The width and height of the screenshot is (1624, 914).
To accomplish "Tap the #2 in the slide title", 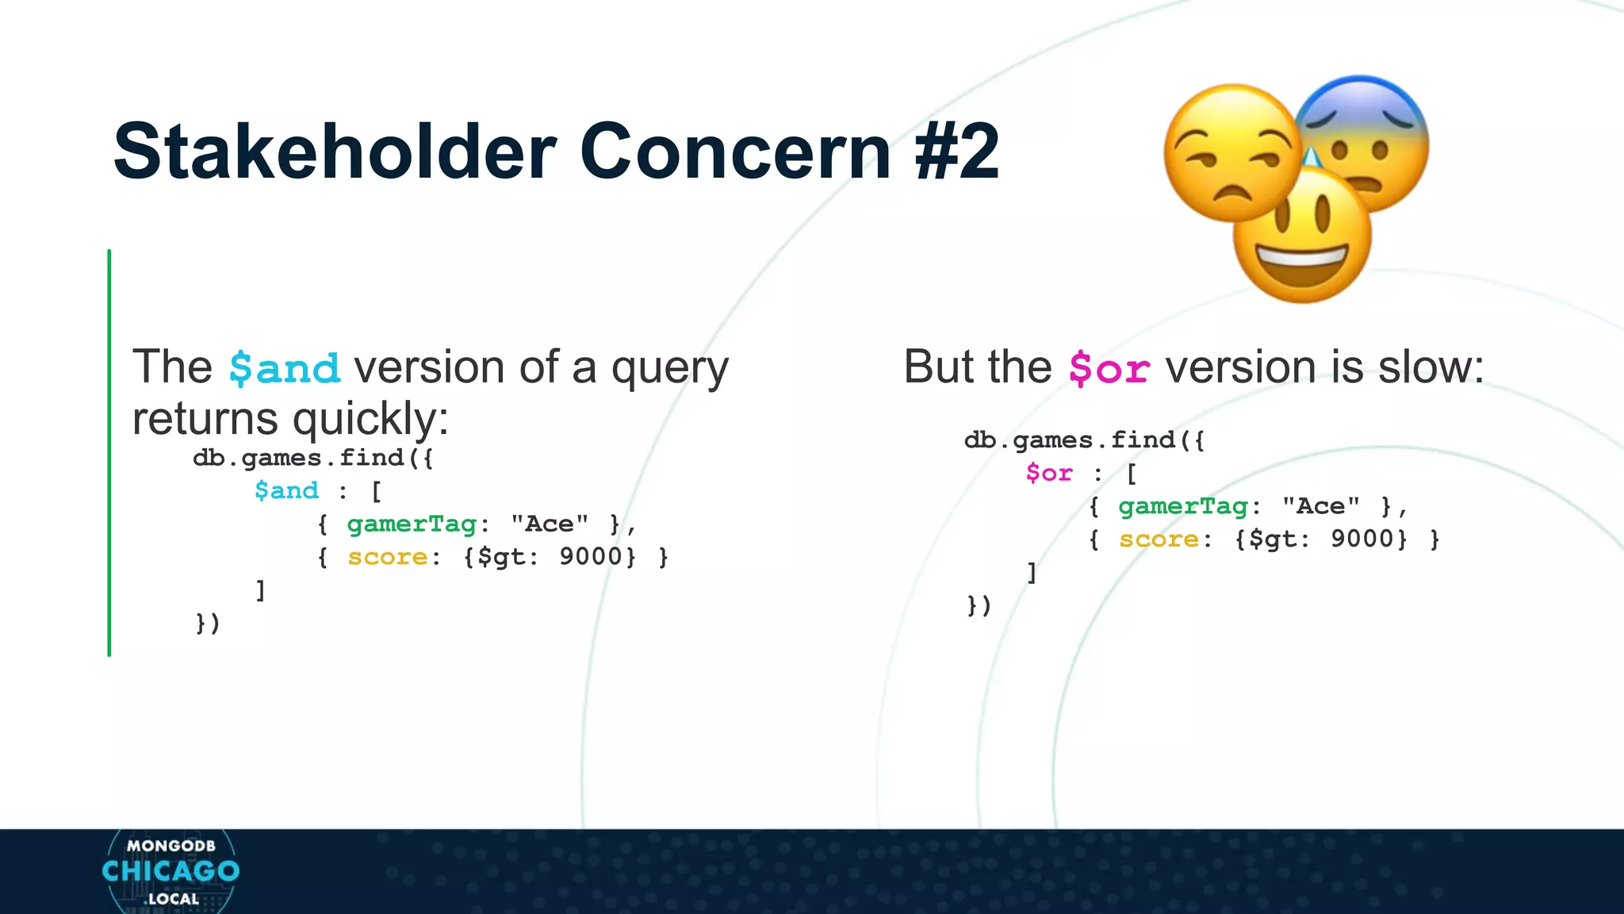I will pyautogui.click(x=956, y=152).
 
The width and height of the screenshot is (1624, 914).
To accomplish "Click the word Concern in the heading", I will pyautogui.click(x=736, y=152).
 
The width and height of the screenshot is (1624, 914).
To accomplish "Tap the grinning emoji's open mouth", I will pyautogui.click(x=1302, y=265).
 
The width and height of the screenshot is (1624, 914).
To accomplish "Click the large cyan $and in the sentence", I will pyautogui.click(x=285, y=369).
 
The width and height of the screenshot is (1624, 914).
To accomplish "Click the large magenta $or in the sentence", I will pyautogui.click(x=1109, y=369).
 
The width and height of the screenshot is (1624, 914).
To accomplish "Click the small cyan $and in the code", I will pyautogui.click(x=286, y=490).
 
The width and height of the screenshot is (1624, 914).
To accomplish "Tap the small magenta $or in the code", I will pyautogui.click(x=1048, y=473).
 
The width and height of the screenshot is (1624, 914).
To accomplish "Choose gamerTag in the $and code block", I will pyautogui.click(x=412, y=524).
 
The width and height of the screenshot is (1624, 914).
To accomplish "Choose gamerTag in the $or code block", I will pyautogui.click(x=1183, y=506).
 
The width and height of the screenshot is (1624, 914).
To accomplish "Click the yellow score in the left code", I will pyautogui.click(x=387, y=557).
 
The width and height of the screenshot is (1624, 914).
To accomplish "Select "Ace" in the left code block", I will pyautogui.click(x=549, y=524).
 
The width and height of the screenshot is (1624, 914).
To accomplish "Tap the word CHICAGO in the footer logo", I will pyautogui.click(x=170, y=871).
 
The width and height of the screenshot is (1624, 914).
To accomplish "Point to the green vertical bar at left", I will pyautogui.click(x=109, y=452).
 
